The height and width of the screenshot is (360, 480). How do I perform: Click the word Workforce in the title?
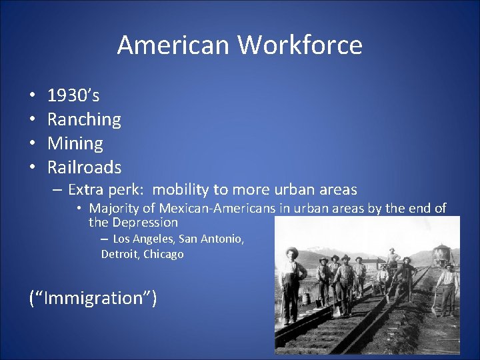point(300,45)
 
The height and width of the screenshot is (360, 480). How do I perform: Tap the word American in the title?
point(173,45)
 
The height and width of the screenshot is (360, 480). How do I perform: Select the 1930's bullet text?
point(73,96)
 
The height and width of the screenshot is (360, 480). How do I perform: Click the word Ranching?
point(84,119)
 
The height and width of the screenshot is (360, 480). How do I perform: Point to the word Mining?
point(75,143)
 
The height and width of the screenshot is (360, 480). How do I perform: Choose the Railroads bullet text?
point(84,167)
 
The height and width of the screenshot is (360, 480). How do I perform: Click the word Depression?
point(145,222)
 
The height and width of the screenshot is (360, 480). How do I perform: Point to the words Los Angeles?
point(143,239)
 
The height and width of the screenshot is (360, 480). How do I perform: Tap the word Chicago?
point(163,254)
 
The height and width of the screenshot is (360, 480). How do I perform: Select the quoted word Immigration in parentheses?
point(93,297)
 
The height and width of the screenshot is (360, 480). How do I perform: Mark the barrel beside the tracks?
point(307,298)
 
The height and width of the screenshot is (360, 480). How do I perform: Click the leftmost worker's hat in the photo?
point(291,251)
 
